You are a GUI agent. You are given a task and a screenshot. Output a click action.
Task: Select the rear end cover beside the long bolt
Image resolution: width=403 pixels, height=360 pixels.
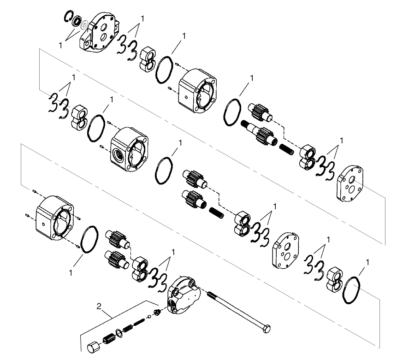[x=183, y=295]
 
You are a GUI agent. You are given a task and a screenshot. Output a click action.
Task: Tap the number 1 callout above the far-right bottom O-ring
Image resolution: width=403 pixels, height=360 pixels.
[x=367, y=262]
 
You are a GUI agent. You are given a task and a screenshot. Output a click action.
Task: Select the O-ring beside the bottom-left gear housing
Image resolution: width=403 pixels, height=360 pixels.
[x=89, y=239]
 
